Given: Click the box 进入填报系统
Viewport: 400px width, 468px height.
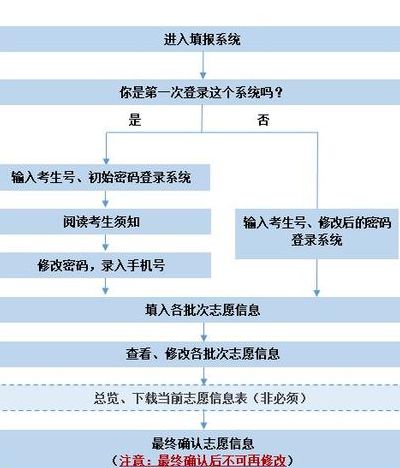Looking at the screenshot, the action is coord(200,39).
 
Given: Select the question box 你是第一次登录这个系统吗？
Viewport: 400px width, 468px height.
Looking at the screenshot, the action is coord(200,92).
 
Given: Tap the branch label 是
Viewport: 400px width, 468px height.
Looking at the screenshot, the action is coord(135,120).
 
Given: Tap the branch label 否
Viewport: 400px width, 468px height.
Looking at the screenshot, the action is coord(263,120).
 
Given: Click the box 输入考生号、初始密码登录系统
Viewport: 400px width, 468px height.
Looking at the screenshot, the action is coord(105,177).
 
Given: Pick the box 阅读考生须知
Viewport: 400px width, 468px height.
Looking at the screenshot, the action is coord(105,222).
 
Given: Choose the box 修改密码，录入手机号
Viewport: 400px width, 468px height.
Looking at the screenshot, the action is coord(105,265).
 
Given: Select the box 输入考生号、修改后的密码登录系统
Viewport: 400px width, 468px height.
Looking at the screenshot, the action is coord(317,234).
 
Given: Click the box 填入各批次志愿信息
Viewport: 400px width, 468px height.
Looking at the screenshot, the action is coord(200,310).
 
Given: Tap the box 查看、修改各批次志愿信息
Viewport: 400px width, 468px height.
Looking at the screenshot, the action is coord(200,354).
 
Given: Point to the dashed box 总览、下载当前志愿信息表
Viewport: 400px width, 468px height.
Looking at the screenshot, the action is coord(200,398).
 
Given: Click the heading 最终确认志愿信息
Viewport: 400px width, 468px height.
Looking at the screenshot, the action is coord(203,443).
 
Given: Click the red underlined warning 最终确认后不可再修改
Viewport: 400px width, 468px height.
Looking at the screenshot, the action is coord(203,461).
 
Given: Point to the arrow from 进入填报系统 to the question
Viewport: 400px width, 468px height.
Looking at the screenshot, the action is coord(203,66).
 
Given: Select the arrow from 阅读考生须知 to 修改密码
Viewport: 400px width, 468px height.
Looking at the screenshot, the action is coord(105,243).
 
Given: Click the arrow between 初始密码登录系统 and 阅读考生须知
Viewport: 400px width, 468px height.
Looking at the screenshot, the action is coord(105,199).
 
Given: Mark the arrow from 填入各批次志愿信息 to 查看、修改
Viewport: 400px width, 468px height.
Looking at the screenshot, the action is coord(204,332).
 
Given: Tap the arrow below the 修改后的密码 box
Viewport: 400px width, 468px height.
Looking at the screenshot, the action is coord(317,277).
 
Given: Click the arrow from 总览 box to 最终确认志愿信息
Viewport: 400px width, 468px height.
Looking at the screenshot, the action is coord(204,420).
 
